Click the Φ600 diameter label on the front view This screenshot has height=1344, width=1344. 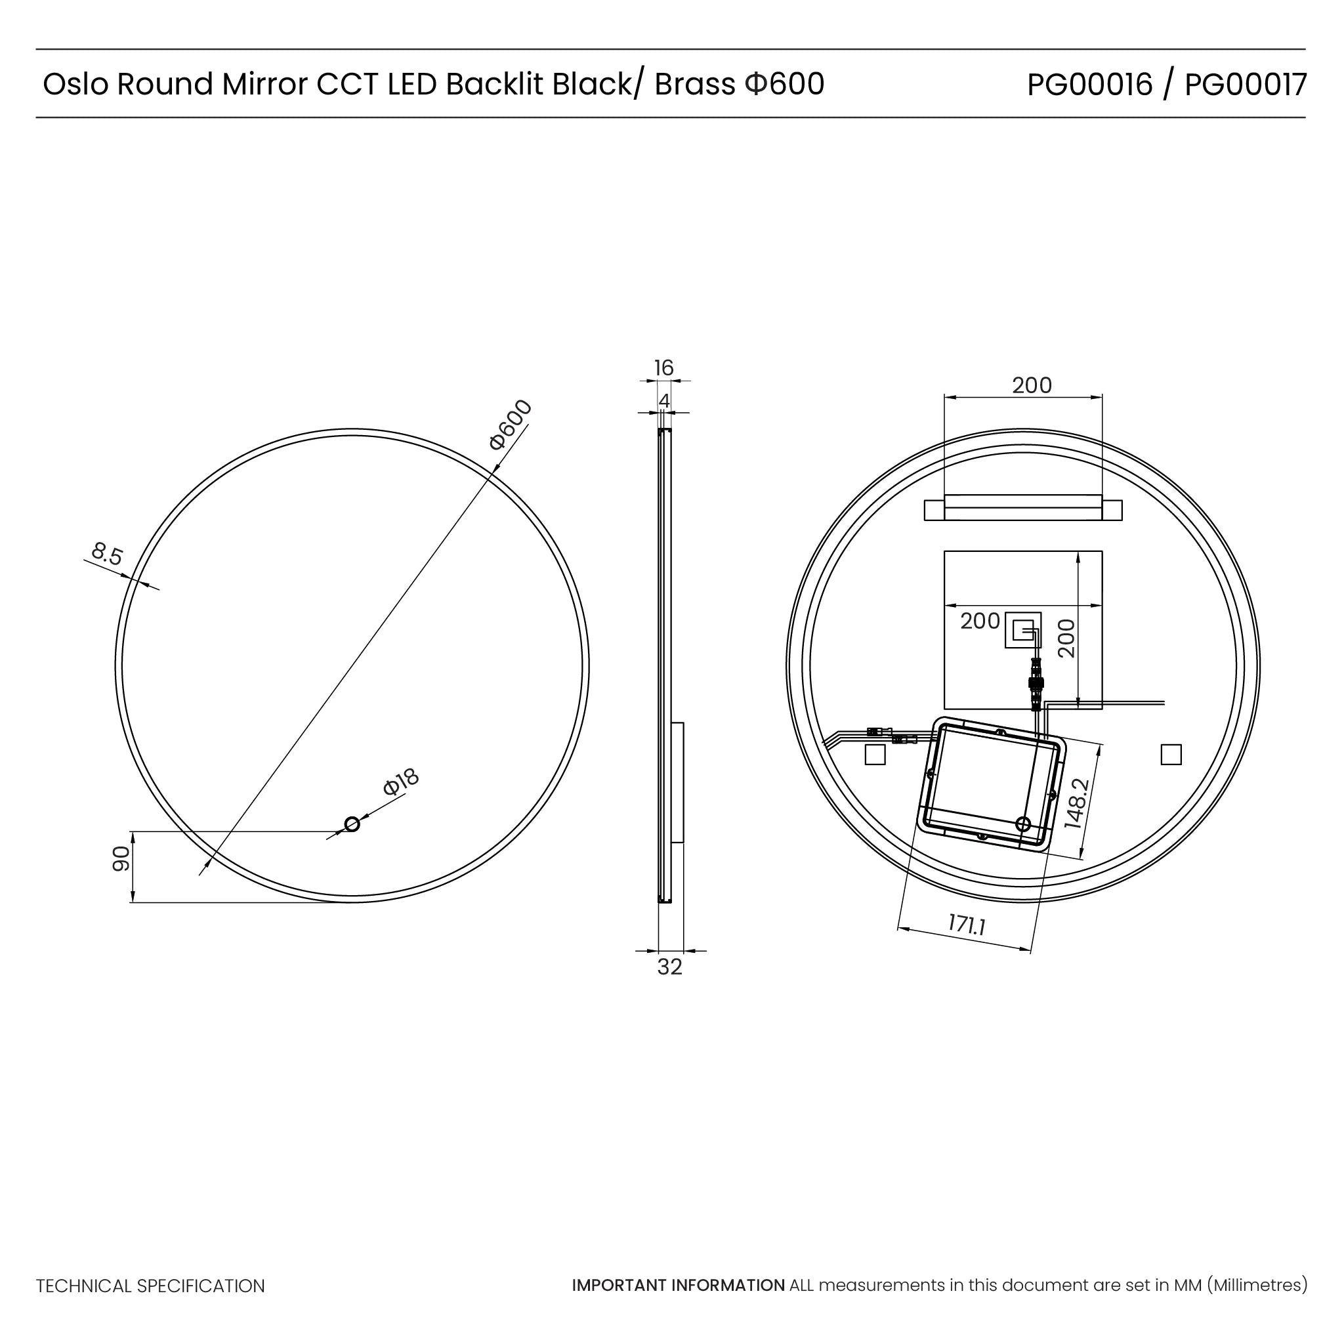tap(511, 425)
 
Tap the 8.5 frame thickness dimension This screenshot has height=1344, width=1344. tap(107, 555)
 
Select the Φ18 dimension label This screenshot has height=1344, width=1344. tap(402, 782)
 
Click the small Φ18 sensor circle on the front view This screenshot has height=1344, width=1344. tap(352, 824)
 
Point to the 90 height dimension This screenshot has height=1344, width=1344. tap(121, 859)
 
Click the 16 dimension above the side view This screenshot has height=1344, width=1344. tap(663, 368)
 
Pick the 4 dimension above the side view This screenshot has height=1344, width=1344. tap(663, 402)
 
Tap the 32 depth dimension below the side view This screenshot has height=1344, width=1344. tap(669, 967)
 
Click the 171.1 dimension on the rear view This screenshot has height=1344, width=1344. tap(967, 925)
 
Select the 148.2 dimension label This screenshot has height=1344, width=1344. tap(1076, 803)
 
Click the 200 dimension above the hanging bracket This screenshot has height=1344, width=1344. tap(1032, 385)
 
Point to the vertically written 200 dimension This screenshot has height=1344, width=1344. tap(1066, 638)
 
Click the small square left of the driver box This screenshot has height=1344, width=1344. tap(874, 755)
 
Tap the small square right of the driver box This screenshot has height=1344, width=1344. tap(1171, 755)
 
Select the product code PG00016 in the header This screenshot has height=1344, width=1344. tap(1089, 85)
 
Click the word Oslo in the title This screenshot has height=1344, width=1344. tap(75, 85)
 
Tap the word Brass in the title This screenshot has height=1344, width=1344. tap(695, 85)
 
